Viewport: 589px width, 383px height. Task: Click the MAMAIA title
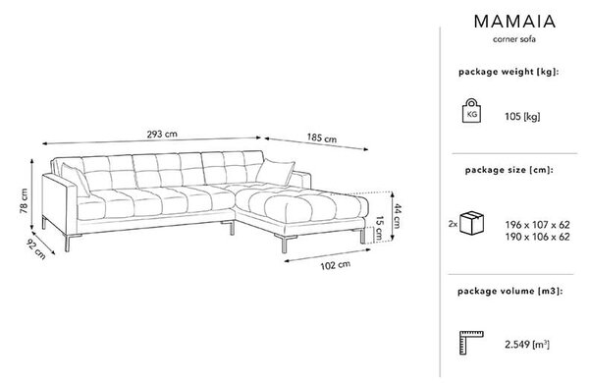click(x=514, y=22)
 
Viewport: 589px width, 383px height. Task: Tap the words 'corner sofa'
click(x=514, y=39)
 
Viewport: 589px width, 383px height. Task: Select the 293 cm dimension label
click(x=162, y=134)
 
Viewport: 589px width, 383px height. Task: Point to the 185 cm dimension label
click(x=322, y=137)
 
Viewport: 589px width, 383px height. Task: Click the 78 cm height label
click(x=24, y=200)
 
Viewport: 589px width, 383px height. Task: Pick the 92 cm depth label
click(x=36, y=249)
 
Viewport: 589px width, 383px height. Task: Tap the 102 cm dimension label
click(x=336, y=265)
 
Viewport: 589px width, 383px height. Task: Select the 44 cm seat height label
click(x=397, y=216)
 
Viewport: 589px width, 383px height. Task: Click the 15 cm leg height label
click(x=379, y=229)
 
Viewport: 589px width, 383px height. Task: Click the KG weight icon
click(x=471, y=111)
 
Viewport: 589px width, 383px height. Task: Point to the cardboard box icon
click(x=472, y=223)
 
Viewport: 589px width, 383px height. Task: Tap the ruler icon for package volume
click(x=471, y=343)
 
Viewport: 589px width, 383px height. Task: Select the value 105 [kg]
click(x=522, y=117)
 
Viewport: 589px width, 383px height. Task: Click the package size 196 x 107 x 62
click(x=537, y=225)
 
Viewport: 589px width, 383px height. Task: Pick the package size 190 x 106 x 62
click(x=537, y=237)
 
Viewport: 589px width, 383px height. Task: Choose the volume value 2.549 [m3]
click(x=527, y=345)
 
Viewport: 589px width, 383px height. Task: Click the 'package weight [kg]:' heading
click(x=509, y=72)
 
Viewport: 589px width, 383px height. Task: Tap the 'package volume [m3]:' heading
click(x=509, y=291)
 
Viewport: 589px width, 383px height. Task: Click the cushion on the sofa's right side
click(x=275, y=172)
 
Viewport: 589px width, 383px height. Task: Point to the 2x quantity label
click(x=453, y=224)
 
